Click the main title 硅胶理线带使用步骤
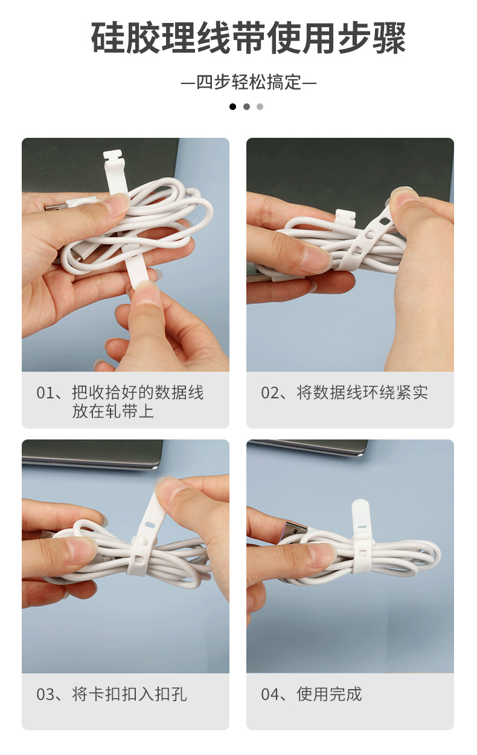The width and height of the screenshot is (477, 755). pos(248,38)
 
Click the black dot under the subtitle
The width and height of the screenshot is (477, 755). pos(233,107)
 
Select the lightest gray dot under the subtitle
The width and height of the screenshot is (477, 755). pos(260,107)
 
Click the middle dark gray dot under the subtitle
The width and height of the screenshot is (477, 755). pos(246,107)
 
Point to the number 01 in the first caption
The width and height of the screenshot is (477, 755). pos(45,393)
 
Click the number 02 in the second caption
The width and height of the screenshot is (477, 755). pos(270,393)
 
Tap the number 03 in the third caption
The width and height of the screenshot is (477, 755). pos(45,695)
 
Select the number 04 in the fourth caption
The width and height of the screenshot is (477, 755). pos(270,695)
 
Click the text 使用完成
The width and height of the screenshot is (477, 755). pos(329,695)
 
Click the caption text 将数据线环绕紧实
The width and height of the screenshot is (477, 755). pos(362,393)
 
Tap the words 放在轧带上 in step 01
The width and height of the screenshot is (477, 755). pos(113,412)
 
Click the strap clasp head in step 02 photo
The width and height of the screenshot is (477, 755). pos(344,216)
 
